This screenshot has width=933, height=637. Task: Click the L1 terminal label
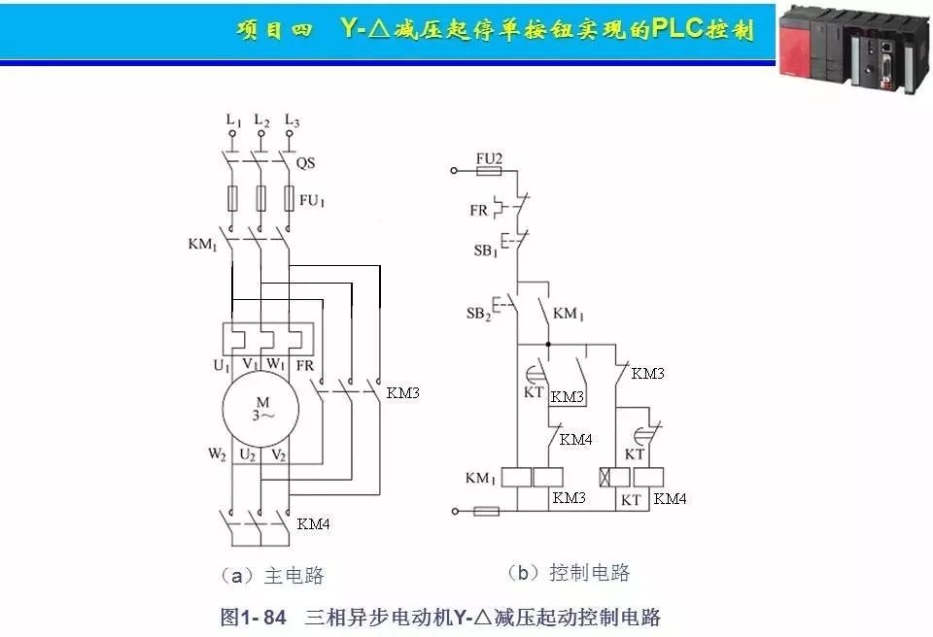pyautogui.click(x=233, y=121)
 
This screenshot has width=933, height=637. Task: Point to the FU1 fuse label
pyautogui.click(x=312, y=202)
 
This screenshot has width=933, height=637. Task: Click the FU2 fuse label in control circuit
pyautogui.click(x=489, y=158)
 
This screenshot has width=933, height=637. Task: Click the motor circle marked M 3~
pyautogui.click(x=260, y=409)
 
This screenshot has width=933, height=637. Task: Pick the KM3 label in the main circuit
pyautogui.click(x=403, y=393)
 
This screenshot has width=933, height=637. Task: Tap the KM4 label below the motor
pyautogui.click(x=314, y=524)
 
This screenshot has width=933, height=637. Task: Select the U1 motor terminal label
pyautogui.click(x=222, y=365)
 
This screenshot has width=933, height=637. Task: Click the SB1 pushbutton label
pyautogui.click(x=485, y=251)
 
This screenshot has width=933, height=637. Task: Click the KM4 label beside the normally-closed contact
pyautogui.click(x=576, y=439)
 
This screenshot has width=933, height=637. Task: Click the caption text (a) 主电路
pyautogui.click(x=273, y=575)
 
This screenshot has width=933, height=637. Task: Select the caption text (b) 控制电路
pyautogui.click(x=569, y=572)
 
